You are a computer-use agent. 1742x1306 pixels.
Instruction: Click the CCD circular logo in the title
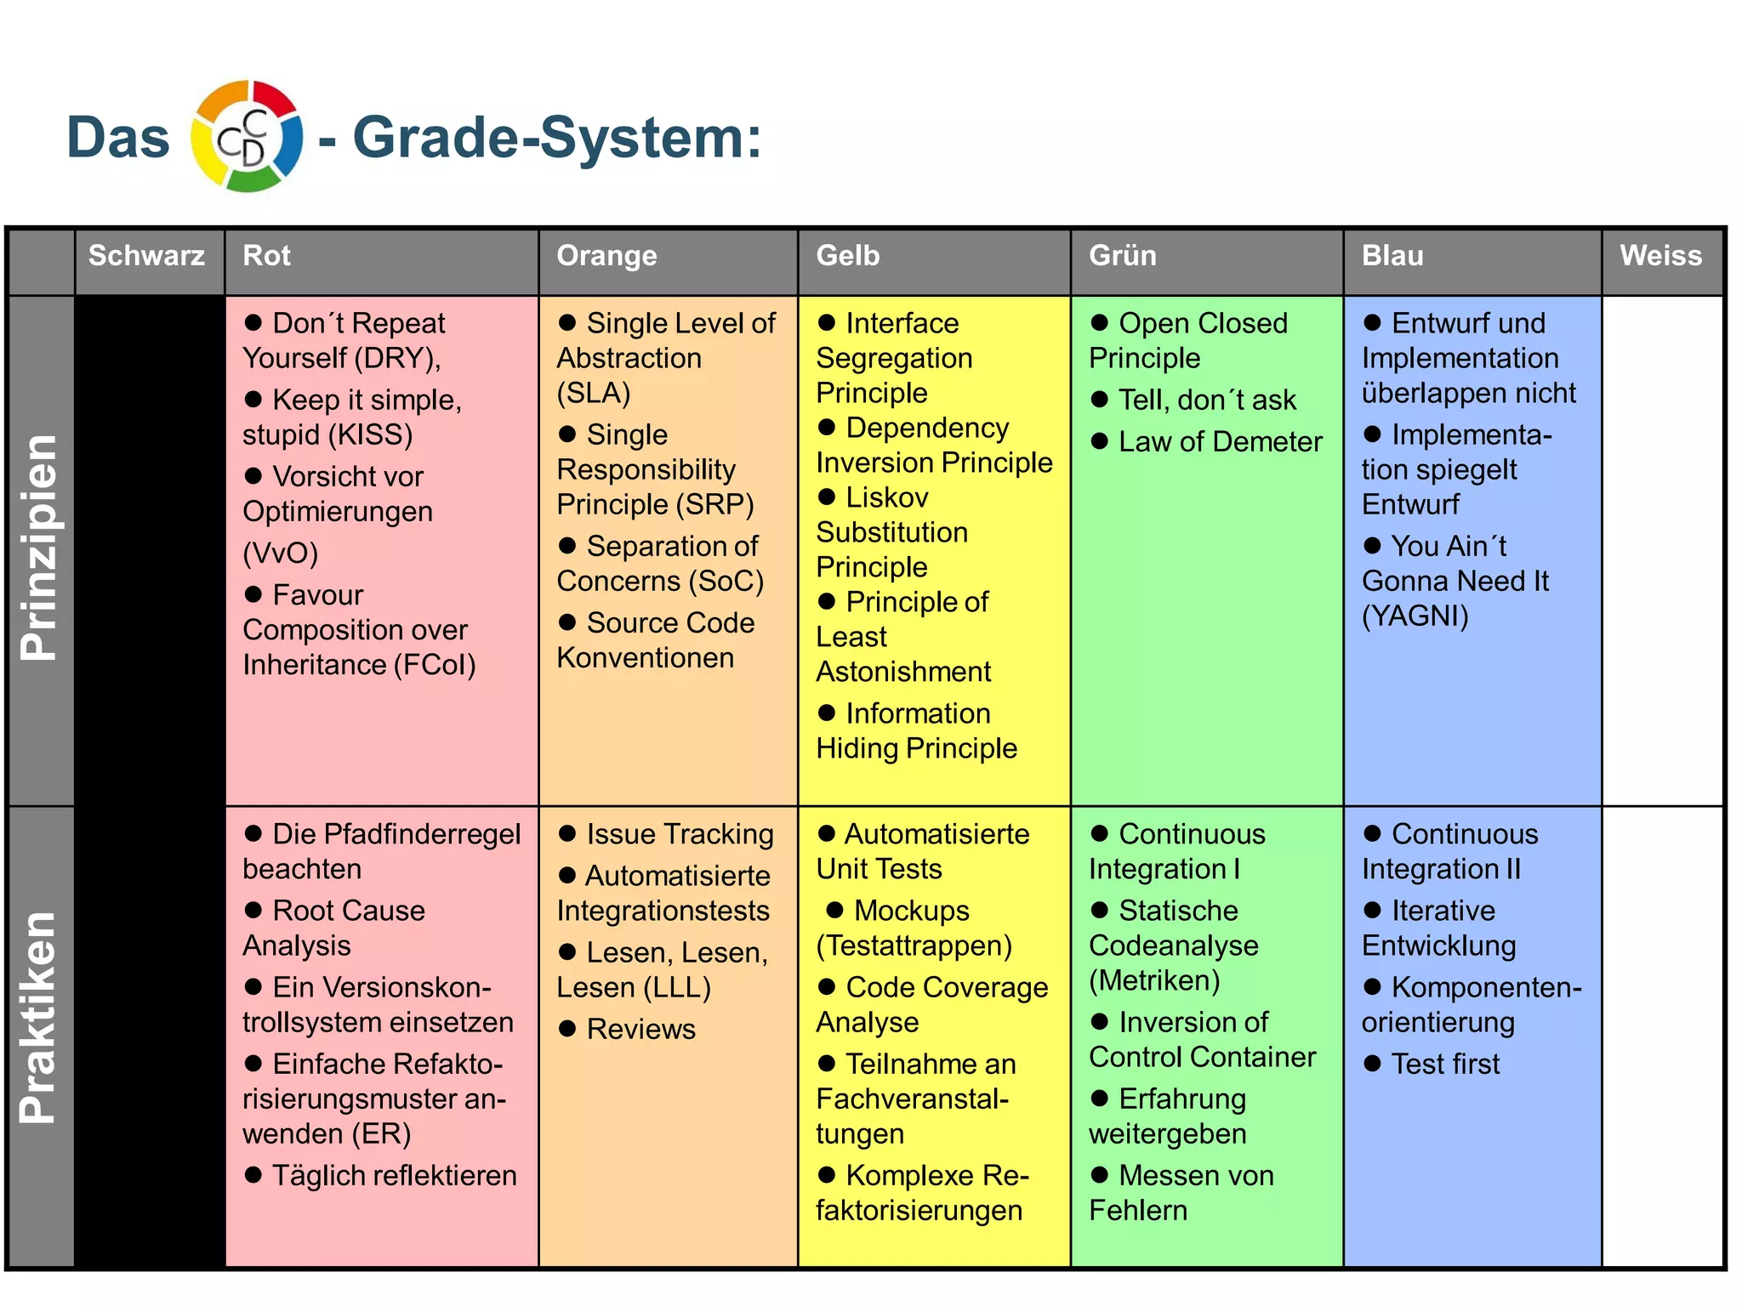(247, 137)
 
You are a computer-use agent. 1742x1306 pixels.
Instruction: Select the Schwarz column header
(146, 256)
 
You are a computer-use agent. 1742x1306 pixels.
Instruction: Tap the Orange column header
(606, 256)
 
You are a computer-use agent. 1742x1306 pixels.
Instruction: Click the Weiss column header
(1660, 256)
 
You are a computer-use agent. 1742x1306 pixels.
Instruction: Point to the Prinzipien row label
(39, 548)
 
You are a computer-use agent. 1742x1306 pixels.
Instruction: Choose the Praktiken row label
(39, 1018)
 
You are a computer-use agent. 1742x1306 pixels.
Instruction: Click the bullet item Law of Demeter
(1220, 442)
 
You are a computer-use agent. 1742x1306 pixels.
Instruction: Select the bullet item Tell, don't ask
(1206, 400)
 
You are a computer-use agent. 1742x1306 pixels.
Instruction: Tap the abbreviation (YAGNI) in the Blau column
(1415, 616)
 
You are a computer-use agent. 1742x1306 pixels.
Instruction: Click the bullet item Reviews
(640, 1030)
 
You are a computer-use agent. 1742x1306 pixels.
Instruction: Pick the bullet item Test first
(1445, 1065)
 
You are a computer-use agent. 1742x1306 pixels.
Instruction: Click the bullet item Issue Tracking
(680, 835)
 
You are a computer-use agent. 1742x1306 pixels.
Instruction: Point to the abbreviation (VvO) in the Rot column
(280, 554)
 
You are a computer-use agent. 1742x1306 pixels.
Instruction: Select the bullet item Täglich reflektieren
(394, 1176)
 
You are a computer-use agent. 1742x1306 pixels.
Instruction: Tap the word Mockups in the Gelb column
(911, 911)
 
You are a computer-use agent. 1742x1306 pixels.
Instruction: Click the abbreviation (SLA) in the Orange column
(594, 394)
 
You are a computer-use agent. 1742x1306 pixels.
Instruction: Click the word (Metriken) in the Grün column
(1154, 981)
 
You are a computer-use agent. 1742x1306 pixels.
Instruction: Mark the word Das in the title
(118, 138)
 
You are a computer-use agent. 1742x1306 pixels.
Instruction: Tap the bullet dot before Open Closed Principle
(1100, 323)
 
